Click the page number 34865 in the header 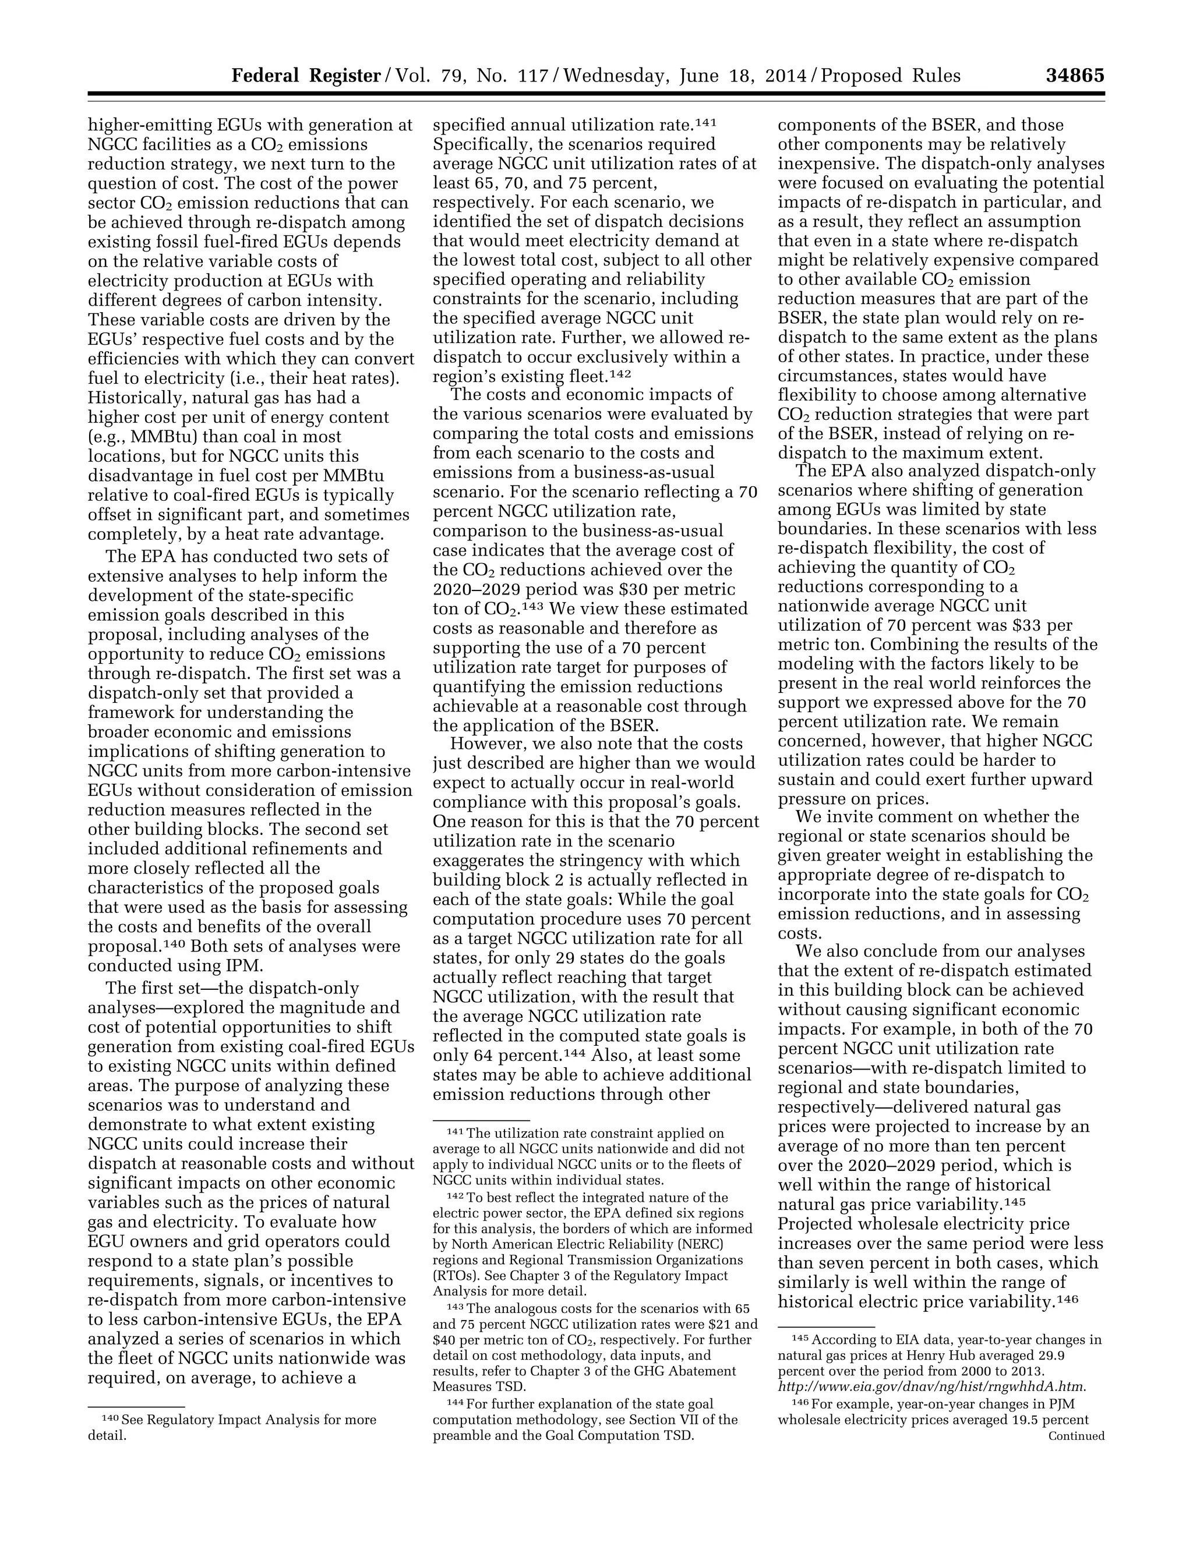tap(1074, 76)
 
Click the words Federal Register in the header tap(306, 76)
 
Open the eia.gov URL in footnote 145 tap(931, 1386)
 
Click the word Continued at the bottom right tap(1076, 1436)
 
